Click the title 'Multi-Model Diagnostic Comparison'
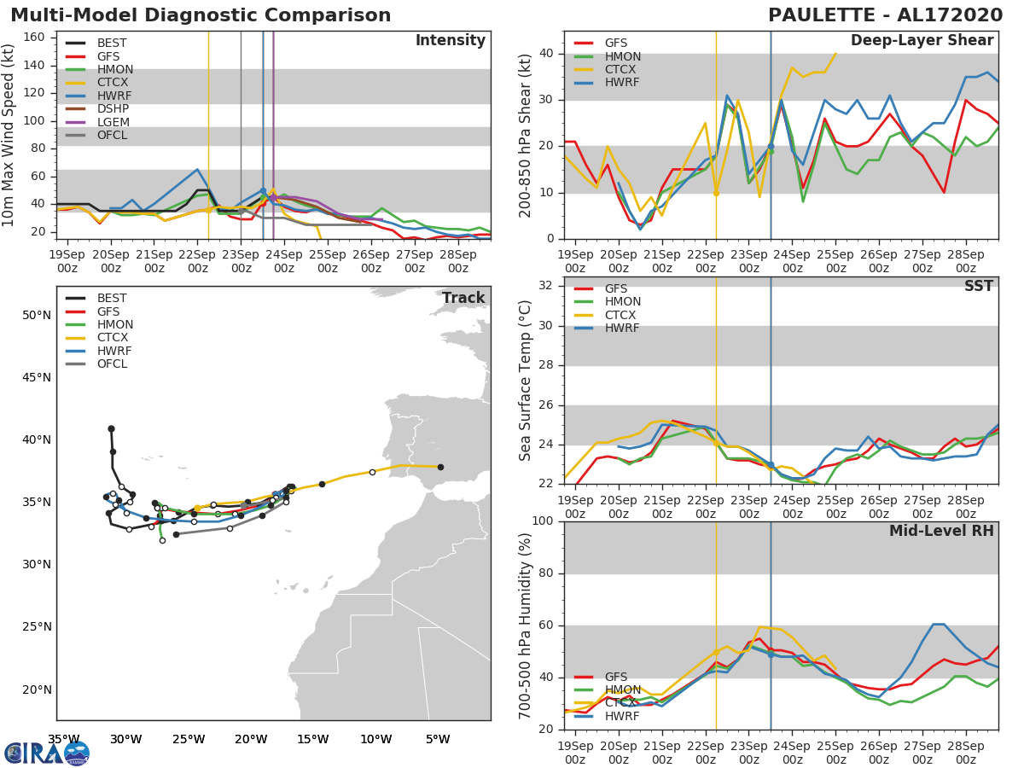click(201, 15)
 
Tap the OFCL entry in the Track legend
click(112, 364)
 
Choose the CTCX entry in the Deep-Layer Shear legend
click(622, 69)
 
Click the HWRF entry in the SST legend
click(622, 328)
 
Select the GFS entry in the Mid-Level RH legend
click(615, 677)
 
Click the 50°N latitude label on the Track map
click(36, 315)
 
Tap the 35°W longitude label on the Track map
click(63, 739)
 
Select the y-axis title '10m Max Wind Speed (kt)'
click(9, 135)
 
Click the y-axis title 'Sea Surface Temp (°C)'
click(526, 380)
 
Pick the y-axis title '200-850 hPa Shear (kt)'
click(526, 135)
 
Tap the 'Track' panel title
click(463, 299)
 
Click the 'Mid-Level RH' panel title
click(941, 532)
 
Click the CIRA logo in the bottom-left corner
click(47, 753)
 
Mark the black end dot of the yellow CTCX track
click(440, 467)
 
